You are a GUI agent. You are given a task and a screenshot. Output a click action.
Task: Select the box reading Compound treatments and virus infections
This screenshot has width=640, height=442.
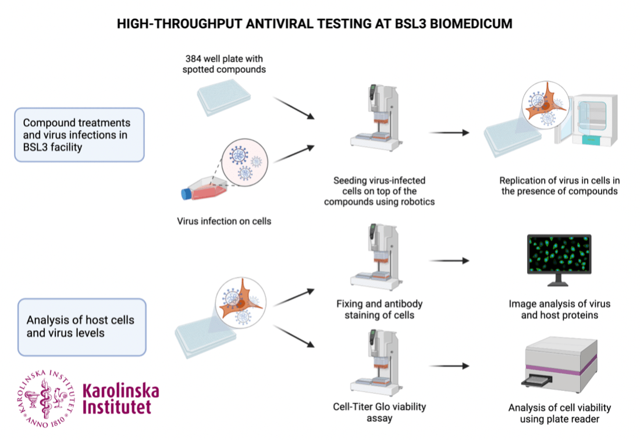pyautogui.click(x=80, y=134)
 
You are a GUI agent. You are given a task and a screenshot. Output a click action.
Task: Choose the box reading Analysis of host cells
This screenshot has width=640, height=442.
pyautogui.click(x=81, y=327)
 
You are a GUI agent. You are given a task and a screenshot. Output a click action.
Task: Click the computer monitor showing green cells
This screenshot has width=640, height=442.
pyautogui.click(x=559, y=256)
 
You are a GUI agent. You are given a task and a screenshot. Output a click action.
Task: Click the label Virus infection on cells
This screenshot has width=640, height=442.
pyautogui.click(x=224, y=221)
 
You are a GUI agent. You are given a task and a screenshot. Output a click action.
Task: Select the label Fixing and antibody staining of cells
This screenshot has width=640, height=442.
pyautogui.click(x=379, y=309)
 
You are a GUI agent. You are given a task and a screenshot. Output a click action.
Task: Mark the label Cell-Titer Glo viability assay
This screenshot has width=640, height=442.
pyautogui.click(x=379, y=412)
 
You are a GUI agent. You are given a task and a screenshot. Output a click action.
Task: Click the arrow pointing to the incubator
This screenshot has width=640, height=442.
pyautogui.click(x=449, y=133)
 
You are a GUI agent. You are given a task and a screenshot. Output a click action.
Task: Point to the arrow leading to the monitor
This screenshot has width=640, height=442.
pyautogui.click(x=449, y=261)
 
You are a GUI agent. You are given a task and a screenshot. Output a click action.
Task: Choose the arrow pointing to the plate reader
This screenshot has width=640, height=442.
pyautogui.click(x=449, y=366)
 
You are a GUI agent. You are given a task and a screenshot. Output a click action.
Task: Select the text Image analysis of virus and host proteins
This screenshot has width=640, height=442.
pyautogui.click(x=559, y=309)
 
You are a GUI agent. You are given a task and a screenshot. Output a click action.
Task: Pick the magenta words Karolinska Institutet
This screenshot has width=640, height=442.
pyautogui.click(x=120, y=398)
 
